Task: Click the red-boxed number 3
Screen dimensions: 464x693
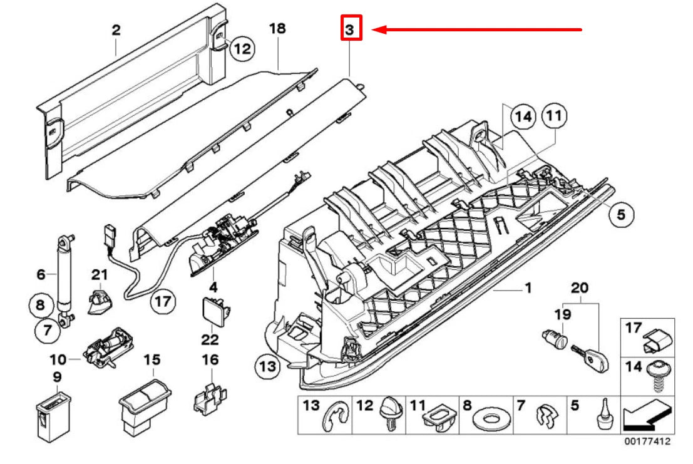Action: coord(351,29)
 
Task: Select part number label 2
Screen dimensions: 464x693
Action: coord(116,29)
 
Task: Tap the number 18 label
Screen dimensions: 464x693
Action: coord(277,29)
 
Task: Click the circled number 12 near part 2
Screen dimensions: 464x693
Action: coord(241,48)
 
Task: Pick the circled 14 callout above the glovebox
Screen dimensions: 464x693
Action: coord(523,116)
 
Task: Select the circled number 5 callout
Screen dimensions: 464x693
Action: coord(620,214)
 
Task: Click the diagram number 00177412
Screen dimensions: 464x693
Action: coord(647,441)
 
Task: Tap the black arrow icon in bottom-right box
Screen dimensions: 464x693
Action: coord(645,413)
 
